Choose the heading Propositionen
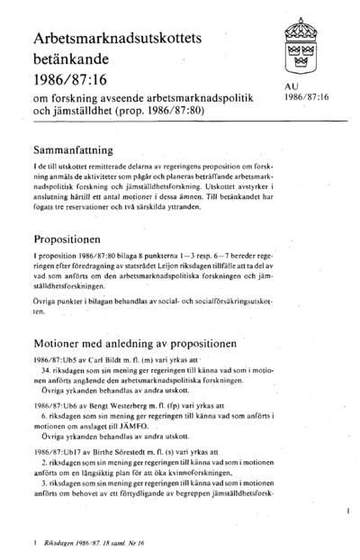click(x=73, y=241)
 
